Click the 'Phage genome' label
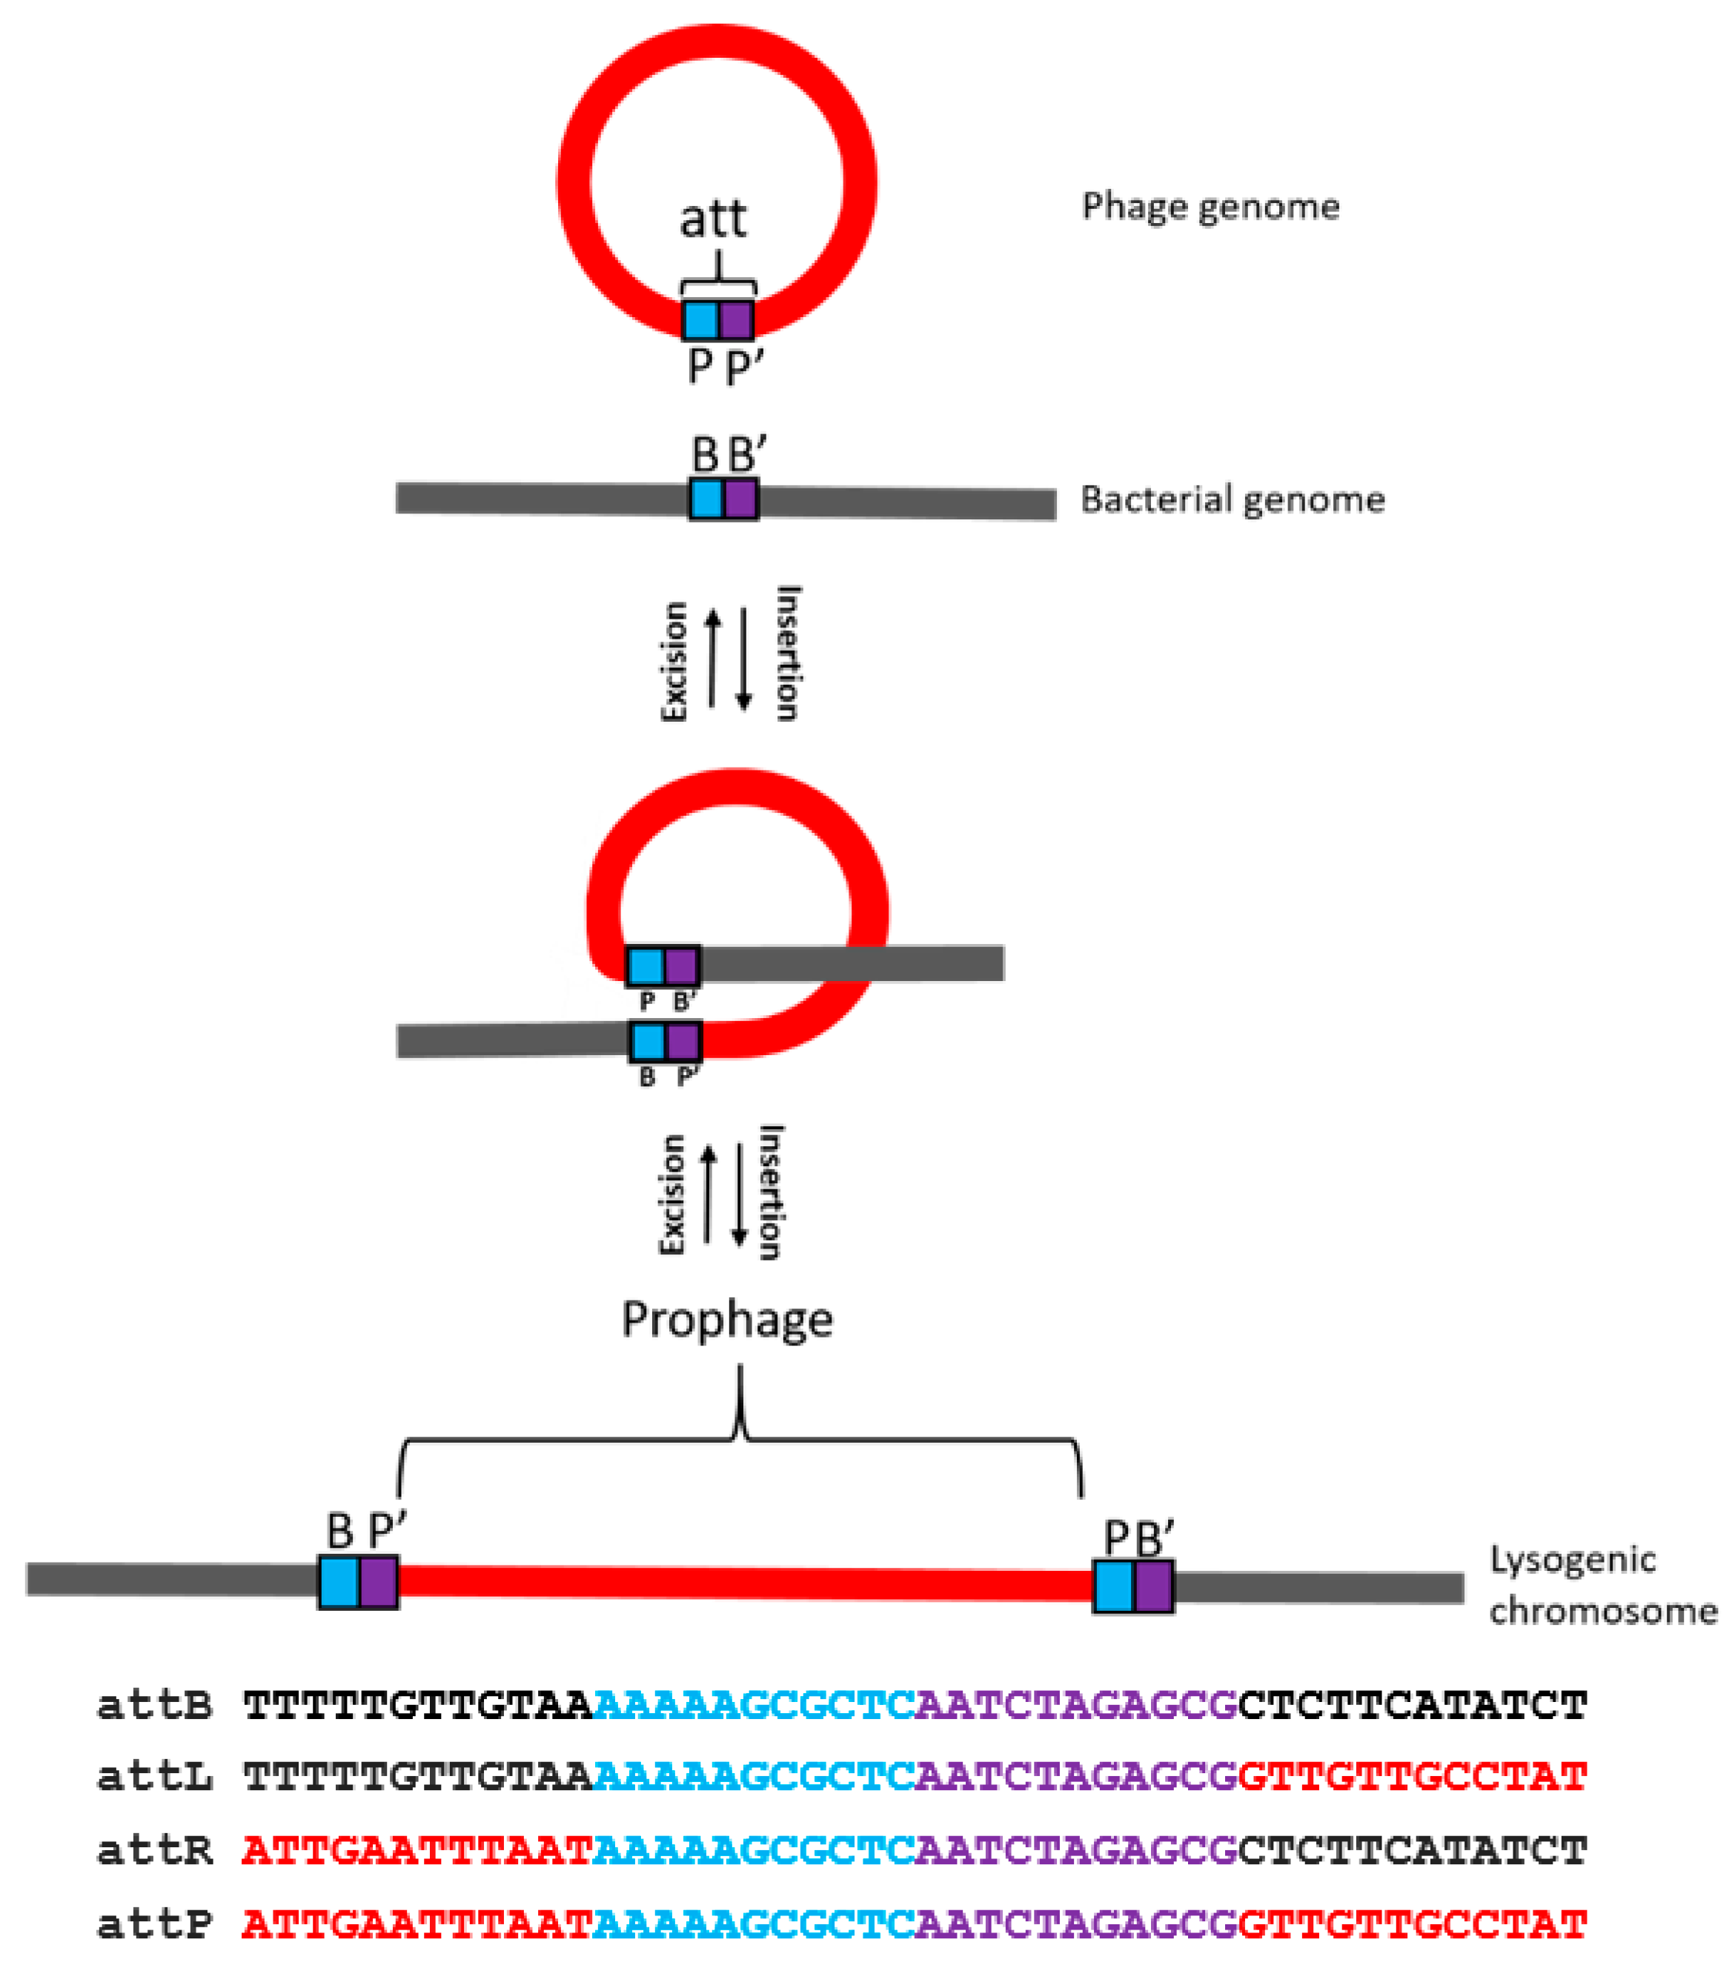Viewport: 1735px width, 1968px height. pos(1210,207)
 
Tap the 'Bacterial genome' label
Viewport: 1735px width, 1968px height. pos(1232,499)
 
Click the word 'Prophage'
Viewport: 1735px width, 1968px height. pos(727,1320)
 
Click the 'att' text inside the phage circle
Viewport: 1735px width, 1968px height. pos(712,219)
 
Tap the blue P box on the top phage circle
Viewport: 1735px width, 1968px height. pos(701,319)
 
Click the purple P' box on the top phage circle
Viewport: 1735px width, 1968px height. pos(737,319)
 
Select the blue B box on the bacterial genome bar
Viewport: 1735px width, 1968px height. pos(707,499)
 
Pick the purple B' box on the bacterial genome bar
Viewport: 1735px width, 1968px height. pos(740,499)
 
